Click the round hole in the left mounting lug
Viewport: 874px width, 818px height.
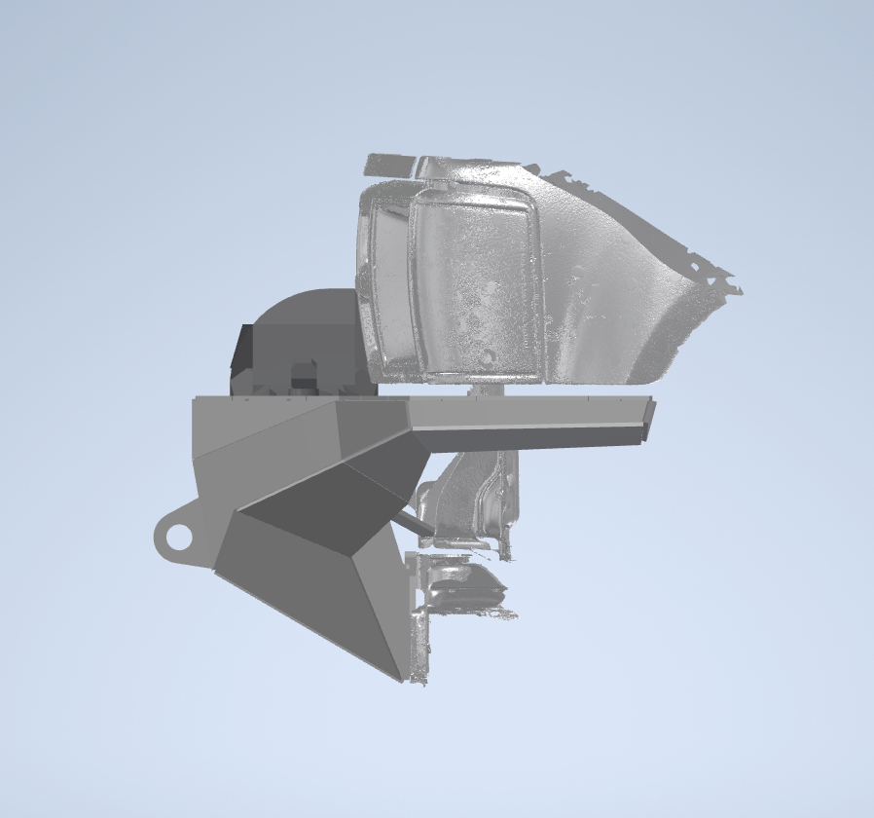[x=178, y=536]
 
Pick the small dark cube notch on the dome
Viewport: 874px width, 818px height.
[x=305, y=372]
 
